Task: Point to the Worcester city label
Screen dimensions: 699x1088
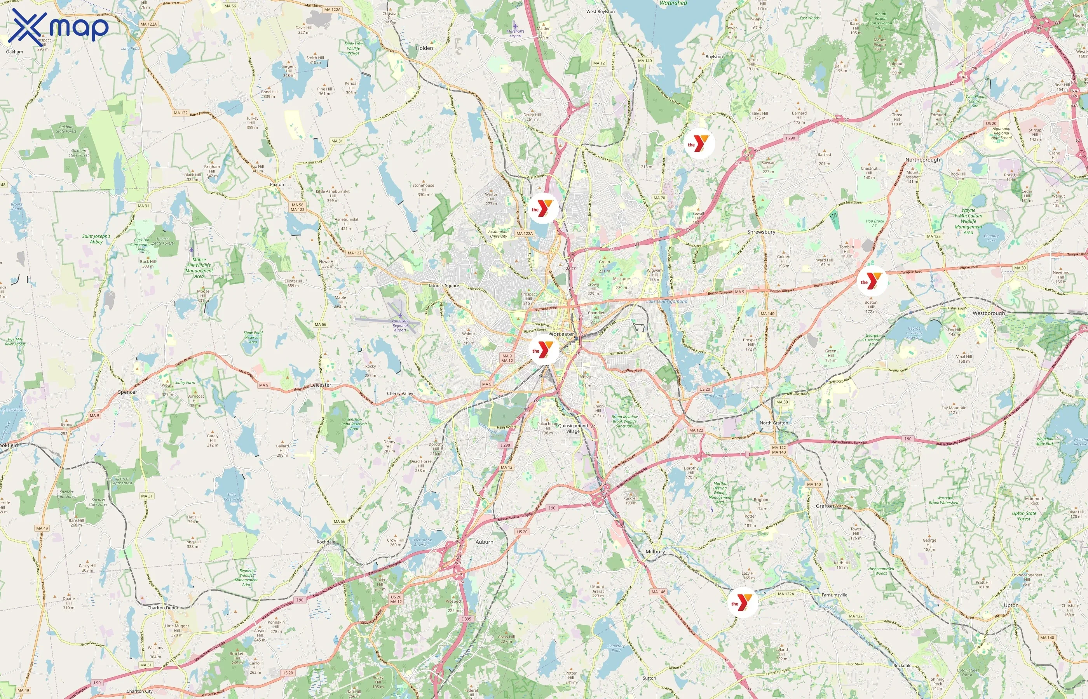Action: pyautogui.click(x=561, y=334)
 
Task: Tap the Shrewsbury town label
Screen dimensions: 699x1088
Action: pyautogui.click(x=761, y=232)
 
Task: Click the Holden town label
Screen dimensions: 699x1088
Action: pyautogui.click(x=424, y=48)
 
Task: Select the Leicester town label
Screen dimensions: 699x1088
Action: pyautogui.click(x=321, y=385)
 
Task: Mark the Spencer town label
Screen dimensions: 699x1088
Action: pyautogui.click(x=127, y=392)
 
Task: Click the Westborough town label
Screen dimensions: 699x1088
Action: pyautogui.click(x=989, y=313)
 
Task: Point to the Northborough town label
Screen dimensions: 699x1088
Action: pyautogui.click(x=922, y=160)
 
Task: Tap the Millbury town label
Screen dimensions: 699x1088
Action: pyautogui.click(x=655, y=551)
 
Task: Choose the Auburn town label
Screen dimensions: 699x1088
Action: pyautogui.click(x=484, y=542)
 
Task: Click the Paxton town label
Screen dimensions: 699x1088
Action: pyautogui.click(x=277, y=185)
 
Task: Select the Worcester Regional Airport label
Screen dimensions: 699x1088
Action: pyautogui.click(x=400, y=325)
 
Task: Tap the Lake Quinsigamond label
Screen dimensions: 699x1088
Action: pyautogui.click(x=667, y=301)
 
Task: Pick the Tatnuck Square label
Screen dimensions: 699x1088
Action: pyautogui.click(x=443, y=285)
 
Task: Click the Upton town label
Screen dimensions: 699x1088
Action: pyautogui.click(x=1011, y=605)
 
